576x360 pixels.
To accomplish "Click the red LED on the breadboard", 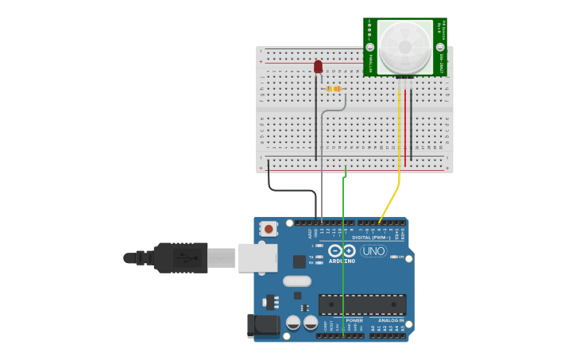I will (318, 67).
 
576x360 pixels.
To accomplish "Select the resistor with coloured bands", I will (334, 88).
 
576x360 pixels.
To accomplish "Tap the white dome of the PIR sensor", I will (405, 47).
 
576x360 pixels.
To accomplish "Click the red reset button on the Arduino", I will (269, 229).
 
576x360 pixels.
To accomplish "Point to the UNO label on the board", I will (373, 251).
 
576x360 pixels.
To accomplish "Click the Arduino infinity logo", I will (342, 251).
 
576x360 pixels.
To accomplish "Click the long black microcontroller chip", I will (361, 304).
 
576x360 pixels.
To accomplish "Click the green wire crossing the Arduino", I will (342, 262).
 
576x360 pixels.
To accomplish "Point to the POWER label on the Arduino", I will (354, 320).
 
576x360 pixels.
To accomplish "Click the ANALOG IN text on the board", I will (390, 320).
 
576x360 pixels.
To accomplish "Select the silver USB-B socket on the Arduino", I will (257, 258).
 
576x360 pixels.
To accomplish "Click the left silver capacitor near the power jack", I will (293, 322).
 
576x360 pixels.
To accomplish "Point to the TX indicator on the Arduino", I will (319, 256).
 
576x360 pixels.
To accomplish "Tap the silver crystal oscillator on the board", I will (296, 281).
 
